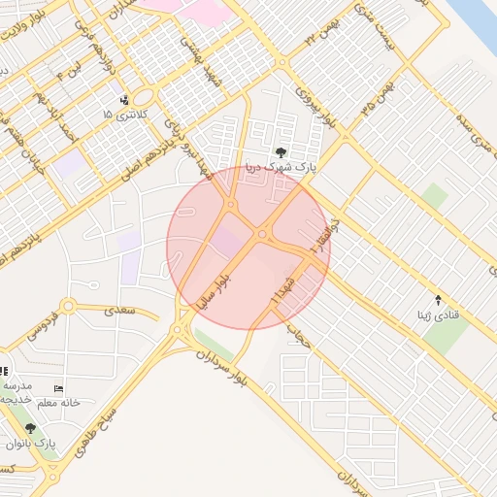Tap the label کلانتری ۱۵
120,115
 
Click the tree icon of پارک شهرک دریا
282,151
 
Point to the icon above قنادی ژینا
438,300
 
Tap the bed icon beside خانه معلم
58,389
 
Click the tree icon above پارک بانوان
30,428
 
